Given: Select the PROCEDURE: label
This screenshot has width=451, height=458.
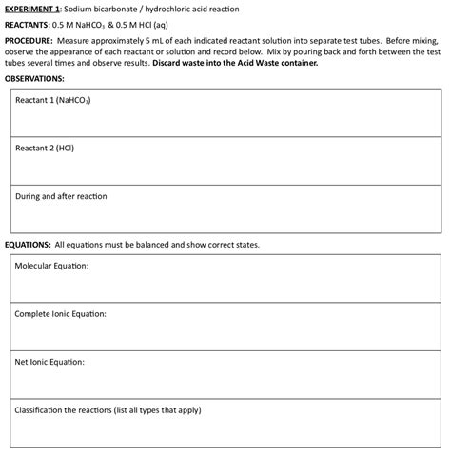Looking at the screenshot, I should tap(29, 42).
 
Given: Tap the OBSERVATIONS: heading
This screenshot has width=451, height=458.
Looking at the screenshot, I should tap(34, 78).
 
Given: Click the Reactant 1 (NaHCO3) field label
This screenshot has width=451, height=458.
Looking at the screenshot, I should tap(52, 99).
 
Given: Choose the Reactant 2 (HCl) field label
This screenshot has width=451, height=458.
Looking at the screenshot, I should tap(45, 149).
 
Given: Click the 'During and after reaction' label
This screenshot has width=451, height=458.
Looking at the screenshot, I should tap(61, 196).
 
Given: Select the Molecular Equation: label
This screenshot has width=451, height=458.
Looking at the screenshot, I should tap(51, 265).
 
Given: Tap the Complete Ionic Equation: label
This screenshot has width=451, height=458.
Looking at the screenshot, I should tap(60, 313).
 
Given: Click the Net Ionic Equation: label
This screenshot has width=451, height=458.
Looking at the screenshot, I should tap(49, 362).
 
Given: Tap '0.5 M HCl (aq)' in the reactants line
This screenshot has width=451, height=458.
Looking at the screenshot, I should tap(140, 25).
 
